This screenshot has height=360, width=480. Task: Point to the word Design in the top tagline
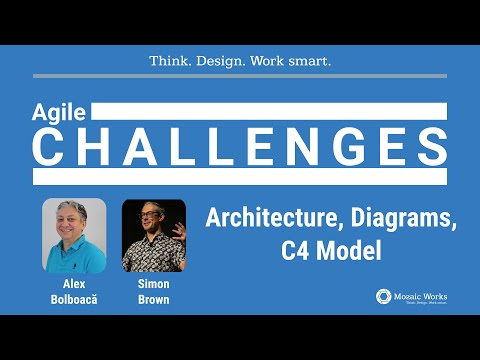222,61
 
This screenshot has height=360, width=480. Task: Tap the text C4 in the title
296,249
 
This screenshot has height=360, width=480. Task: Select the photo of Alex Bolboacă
74,235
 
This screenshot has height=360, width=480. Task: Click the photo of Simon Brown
153,235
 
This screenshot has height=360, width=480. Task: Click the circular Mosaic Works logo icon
383,296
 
